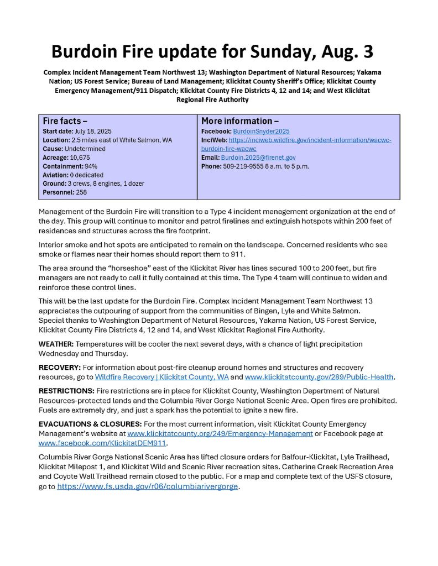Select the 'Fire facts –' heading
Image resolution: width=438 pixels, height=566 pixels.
tap(65, 120)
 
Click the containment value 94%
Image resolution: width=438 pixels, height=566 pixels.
tap(90, 166)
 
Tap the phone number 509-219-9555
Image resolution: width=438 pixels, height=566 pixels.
tap(243, 166)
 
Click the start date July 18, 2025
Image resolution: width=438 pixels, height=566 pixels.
tap(95, 132)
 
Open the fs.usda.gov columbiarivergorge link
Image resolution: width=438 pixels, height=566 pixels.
tap(148, 486)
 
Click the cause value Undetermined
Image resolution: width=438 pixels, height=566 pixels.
tap(85, 149)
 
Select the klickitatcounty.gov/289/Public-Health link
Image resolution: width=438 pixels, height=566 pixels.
tap(319, 377)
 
